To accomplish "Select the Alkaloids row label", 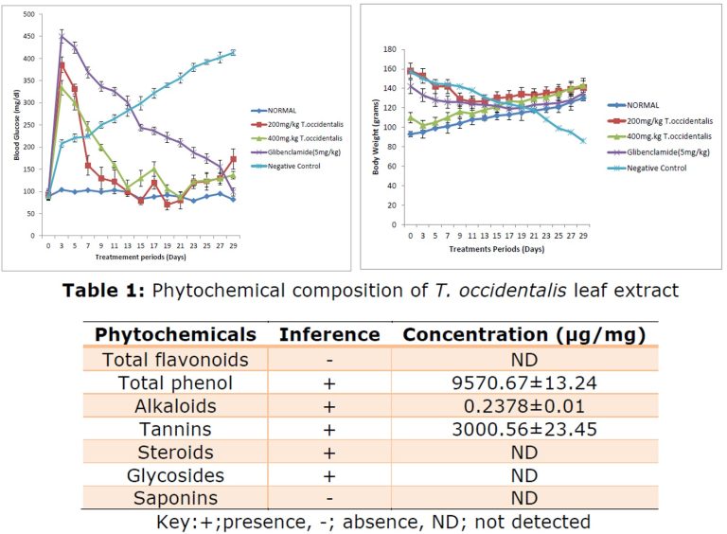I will (175, 405).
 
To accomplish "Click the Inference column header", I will (328, 334).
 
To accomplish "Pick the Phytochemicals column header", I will (175, 334).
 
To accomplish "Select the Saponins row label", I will (175, 498).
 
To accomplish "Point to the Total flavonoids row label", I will (175, 359).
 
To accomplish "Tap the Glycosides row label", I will (175, 475).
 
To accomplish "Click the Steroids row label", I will (175, 452).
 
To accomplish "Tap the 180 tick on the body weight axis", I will (389, 48).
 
